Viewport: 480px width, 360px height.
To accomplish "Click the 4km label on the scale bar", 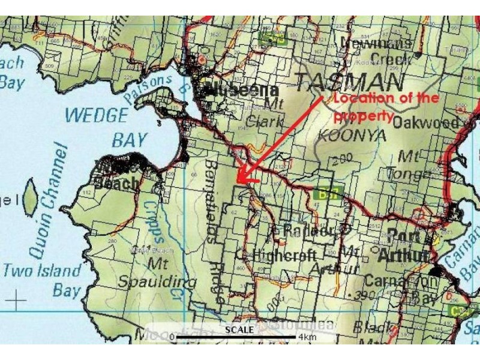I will (x=307, y=337).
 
